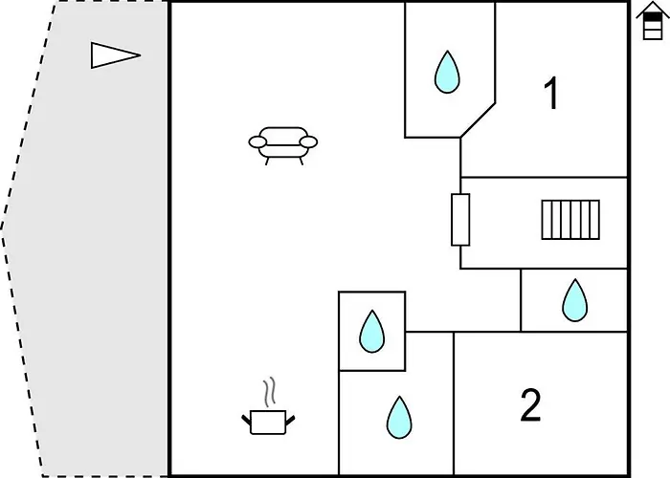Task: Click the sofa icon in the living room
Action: click(x=282, y=144)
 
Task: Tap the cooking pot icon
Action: click(x=269, y=421)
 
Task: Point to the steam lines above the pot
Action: click(x=271, y=391)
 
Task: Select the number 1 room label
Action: click(x=550, y=94)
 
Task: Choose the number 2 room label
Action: click(x=530, y=405)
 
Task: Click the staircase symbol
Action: click(x=570, y=219)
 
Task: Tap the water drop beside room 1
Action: click(x=447, y=72)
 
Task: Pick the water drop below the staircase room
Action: click(x=574, y=300)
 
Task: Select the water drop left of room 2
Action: click(x=399, y=416)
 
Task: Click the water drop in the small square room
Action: click(x=371, y=332)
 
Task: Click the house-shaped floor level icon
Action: click(x=653, y=21)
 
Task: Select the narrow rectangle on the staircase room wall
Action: click(x=460, y=219)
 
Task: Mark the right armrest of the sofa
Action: click(x=307, y=142)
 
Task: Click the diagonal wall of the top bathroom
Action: click(x=478, y=119)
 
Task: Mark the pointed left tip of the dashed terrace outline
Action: click(x=3, y=229)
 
